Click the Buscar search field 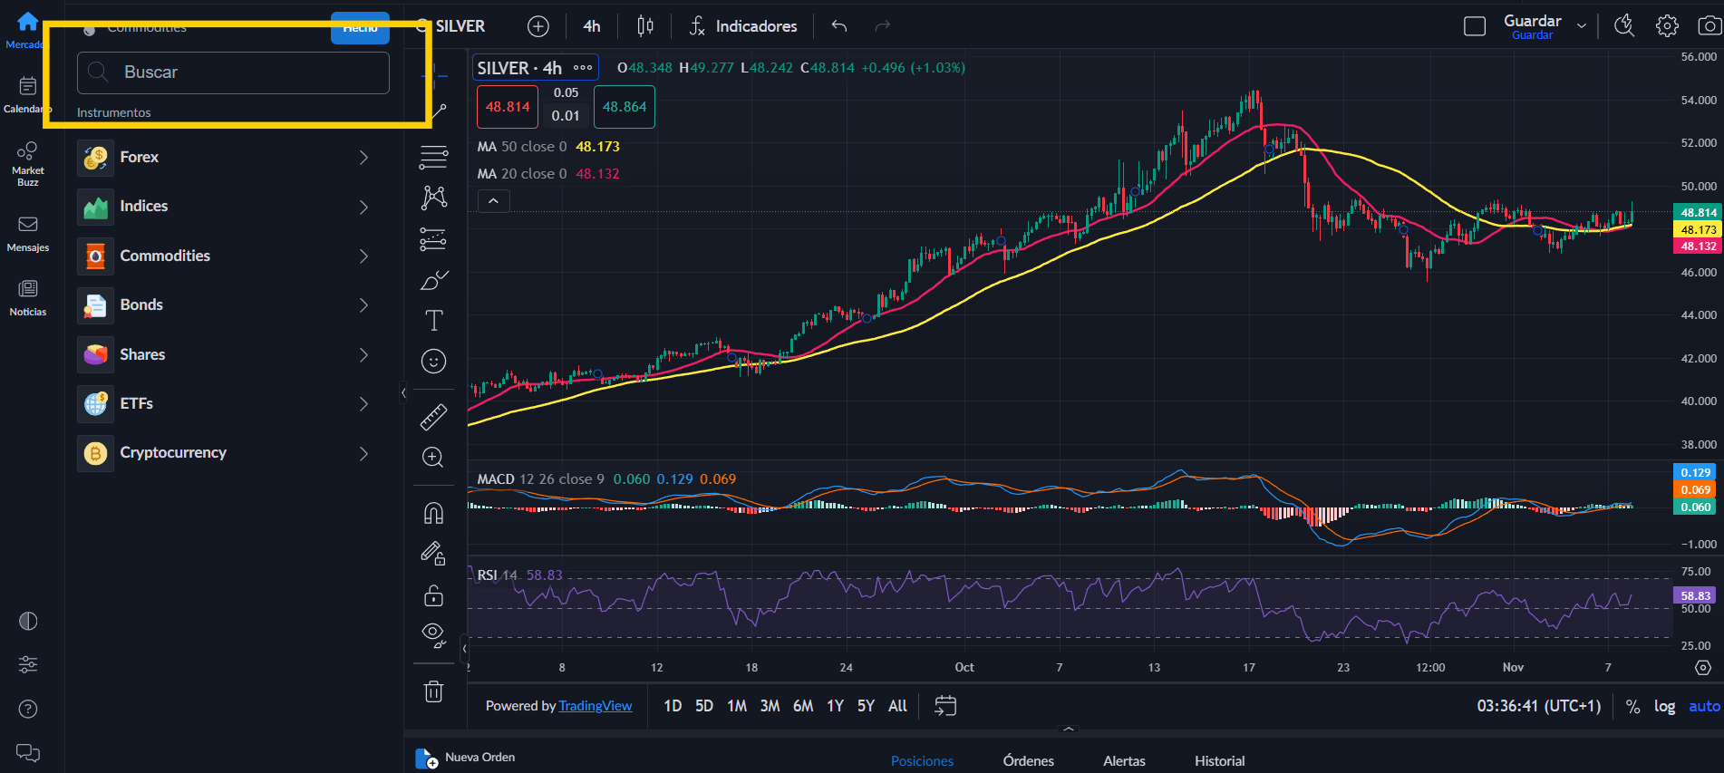tap(233, 72)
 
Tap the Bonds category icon tap(95, 305)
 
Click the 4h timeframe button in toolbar tap(591, 26)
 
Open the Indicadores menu tap(743, 26)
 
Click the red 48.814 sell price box tap(507, 107)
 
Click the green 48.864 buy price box tap(625, 107)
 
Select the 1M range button tap(737, 706)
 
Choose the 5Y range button tap(866, 706)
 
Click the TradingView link tap(596, 706)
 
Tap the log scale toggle tap(1664, 706)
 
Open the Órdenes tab tap(1028, 761)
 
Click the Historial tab tap(1219, 761)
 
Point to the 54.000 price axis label tap(1698, 100)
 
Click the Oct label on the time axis tap(964, 667)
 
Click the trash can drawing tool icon tap(433, 691)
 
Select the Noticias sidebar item tap(28, 297)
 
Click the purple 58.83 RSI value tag tap(1694, 595)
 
